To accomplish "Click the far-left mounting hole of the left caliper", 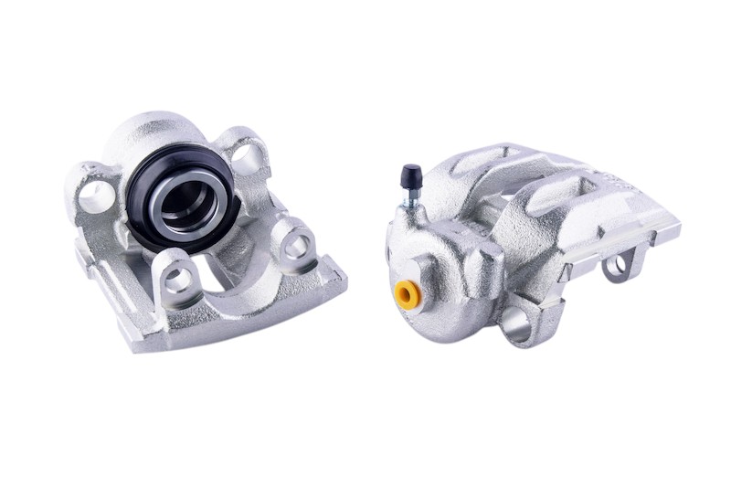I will coord(92,192).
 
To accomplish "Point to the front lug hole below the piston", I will coord(178,277).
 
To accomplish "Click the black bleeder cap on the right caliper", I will coord(409,173).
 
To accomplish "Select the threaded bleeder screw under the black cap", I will coord(413,196).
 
